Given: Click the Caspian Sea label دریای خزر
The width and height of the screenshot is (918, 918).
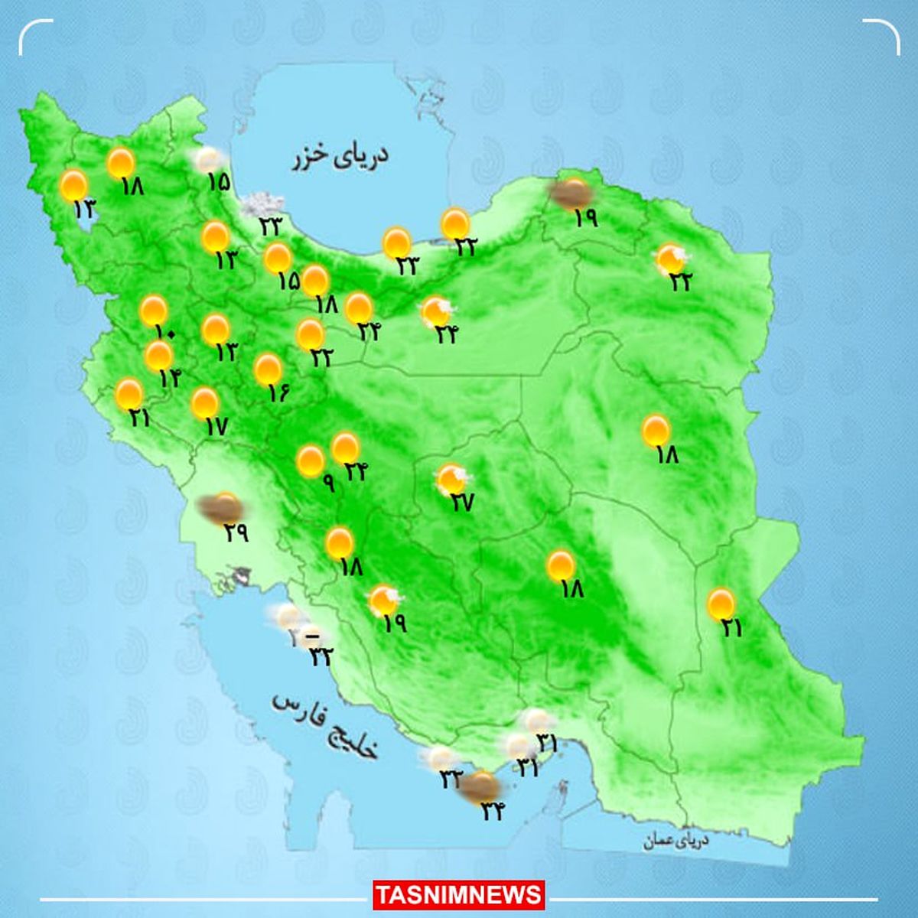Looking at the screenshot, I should pos(340,157).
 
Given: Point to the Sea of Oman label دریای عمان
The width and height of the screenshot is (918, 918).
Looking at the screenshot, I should pos(676,841).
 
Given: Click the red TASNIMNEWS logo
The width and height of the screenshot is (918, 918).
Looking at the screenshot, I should pos(459,894).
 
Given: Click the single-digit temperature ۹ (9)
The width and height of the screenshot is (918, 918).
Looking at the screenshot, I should pos(329,483).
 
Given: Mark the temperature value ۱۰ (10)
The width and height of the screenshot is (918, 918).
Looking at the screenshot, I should pos(164,333).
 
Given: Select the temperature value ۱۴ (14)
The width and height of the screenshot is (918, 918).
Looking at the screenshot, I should pos(170,377).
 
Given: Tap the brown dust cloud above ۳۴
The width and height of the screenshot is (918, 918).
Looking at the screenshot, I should pos(480,785).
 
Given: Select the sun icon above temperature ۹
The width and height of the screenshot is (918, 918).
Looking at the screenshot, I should pos(311,461).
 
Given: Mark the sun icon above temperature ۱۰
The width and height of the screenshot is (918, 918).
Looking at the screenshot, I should pos(154,311).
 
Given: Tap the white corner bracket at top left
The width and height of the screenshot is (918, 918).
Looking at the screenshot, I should pos(35,36).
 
